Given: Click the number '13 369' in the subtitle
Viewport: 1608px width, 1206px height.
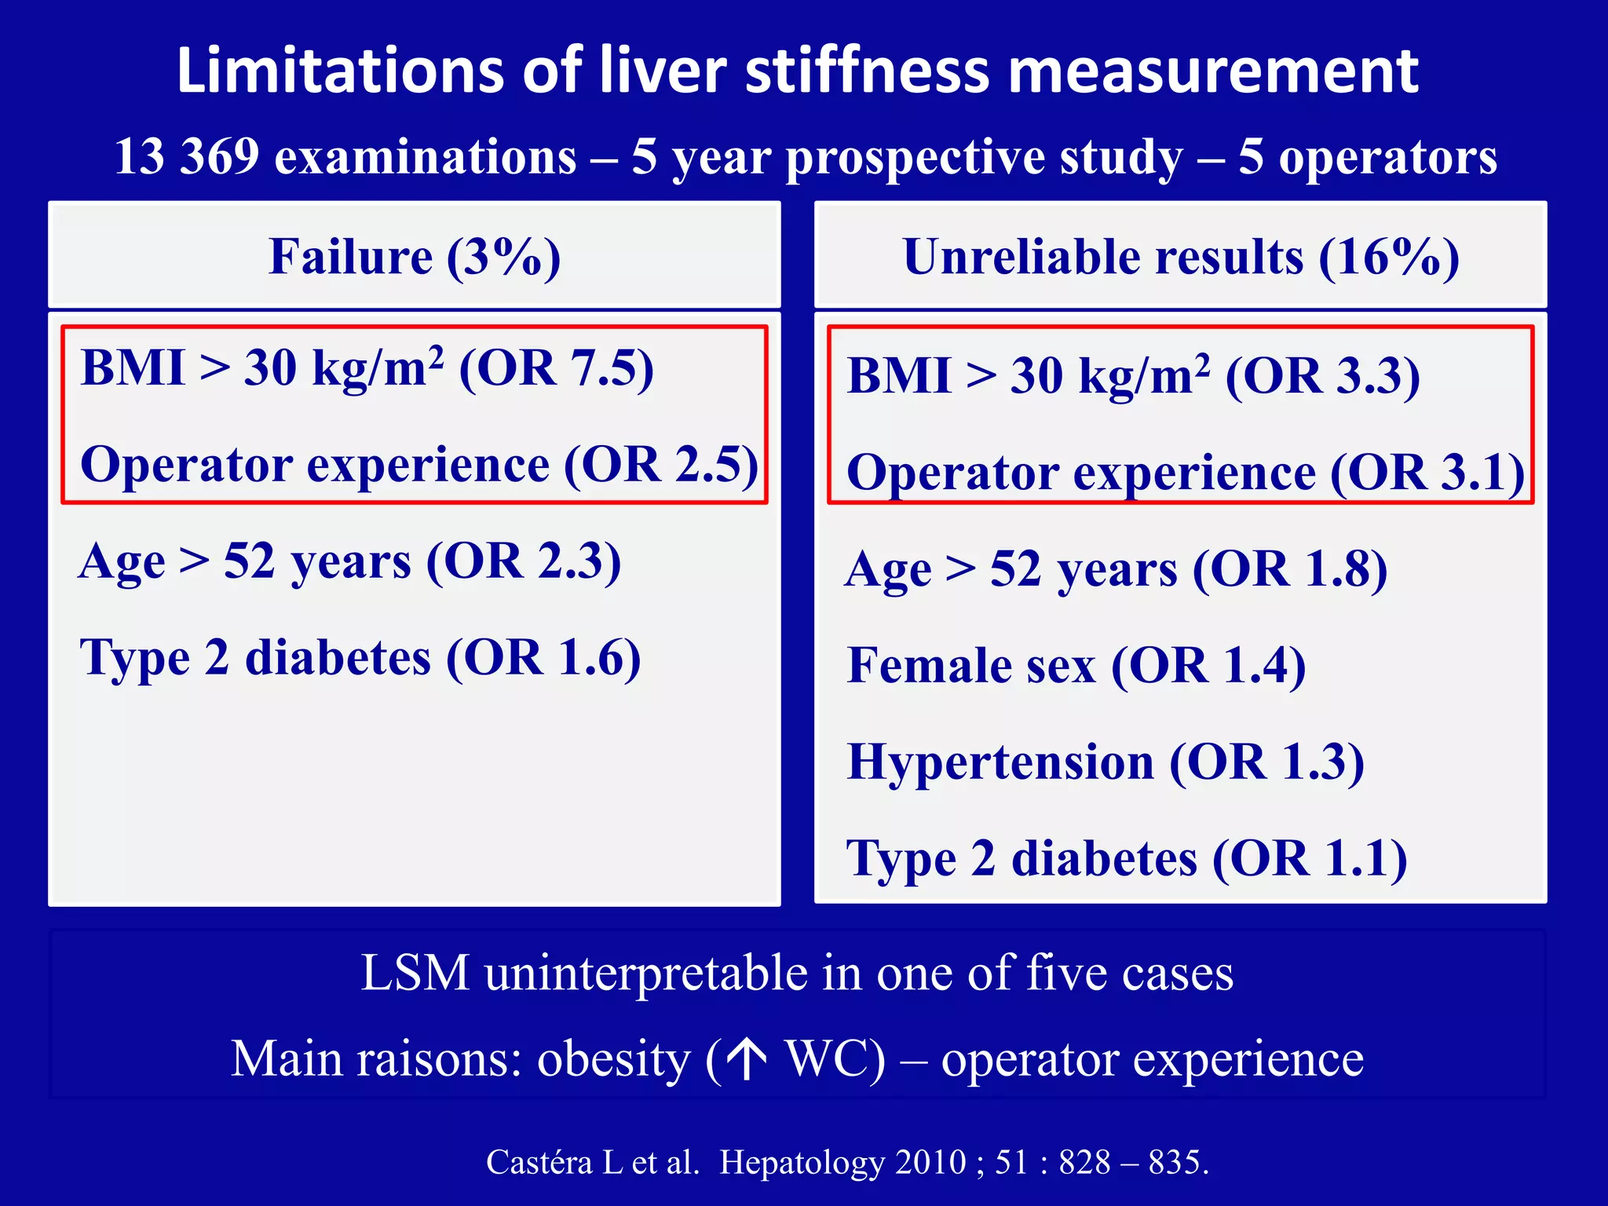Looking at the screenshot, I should click(186, 156).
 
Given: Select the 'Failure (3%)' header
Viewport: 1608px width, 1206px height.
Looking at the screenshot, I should click(415, 257).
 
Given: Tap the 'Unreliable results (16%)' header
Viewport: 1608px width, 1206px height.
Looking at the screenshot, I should click(1180, 257).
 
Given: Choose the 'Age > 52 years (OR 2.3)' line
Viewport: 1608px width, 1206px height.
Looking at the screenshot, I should click(350, 562).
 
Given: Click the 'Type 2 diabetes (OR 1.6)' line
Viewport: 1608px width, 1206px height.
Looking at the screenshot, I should click(360, 658).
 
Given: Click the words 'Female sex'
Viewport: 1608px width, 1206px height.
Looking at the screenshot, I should click(970, 666).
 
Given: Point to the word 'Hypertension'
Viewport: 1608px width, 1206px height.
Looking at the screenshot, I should click(1000, 762).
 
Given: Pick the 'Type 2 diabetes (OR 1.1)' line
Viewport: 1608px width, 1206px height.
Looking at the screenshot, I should click(1127, 858).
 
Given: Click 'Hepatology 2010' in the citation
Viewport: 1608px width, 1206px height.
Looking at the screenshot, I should click(842, 1162).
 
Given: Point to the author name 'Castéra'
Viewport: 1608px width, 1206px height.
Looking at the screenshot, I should click(539, 1162).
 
